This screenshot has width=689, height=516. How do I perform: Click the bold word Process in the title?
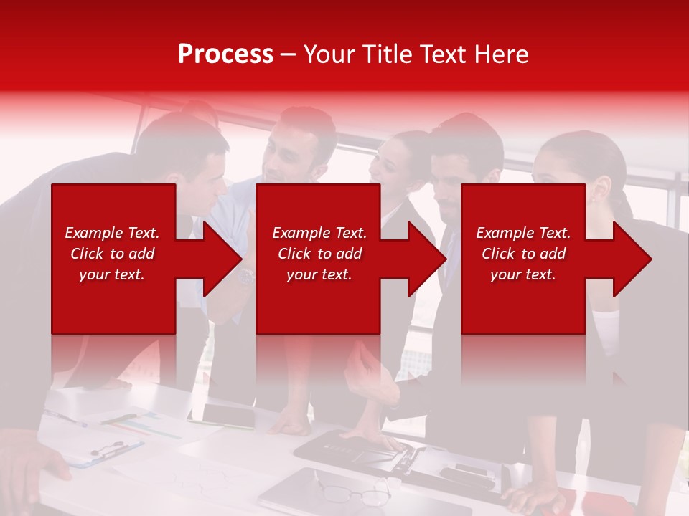pyautogui.click(x=225, y=54)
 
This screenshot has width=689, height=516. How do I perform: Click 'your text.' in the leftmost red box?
pyautogui.click(x=112, y=274)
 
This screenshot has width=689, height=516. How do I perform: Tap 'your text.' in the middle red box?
pyautogui.click(x=319, y=274)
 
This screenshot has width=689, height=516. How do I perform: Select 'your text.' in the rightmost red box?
pyautogui.click(x=523, y=274)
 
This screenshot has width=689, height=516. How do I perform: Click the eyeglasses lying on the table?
pyautogui.click(x=355, y=494)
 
